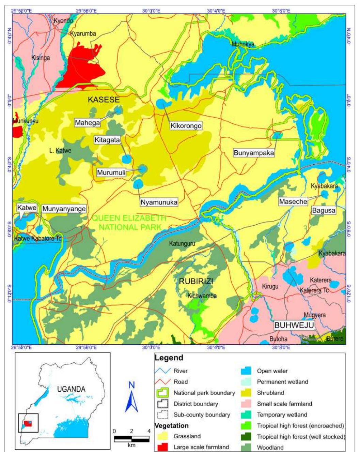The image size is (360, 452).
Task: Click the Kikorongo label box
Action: [x=186, y=125]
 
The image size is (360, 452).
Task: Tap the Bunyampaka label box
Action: [x=254, y=153]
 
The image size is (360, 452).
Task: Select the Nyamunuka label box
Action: [x=159, y=202]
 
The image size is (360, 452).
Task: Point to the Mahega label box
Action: [x=88, y=122]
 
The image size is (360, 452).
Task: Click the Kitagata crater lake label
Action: [x=107, y=140]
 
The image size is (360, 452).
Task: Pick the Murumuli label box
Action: [x=111, y=172]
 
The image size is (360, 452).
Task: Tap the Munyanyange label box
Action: [x=64, y=209]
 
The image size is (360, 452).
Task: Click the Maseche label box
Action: [x=293, y=201]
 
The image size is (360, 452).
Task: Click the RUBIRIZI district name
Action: [x=196, y=282]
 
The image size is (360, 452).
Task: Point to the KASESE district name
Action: [x=104, y=100]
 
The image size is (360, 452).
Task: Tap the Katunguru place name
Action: [x=182, y=243]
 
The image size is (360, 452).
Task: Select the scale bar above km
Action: [x=131, y=439]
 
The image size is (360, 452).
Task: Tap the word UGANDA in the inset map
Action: [x=71, y=389]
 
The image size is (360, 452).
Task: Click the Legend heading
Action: [x=169, y=358]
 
